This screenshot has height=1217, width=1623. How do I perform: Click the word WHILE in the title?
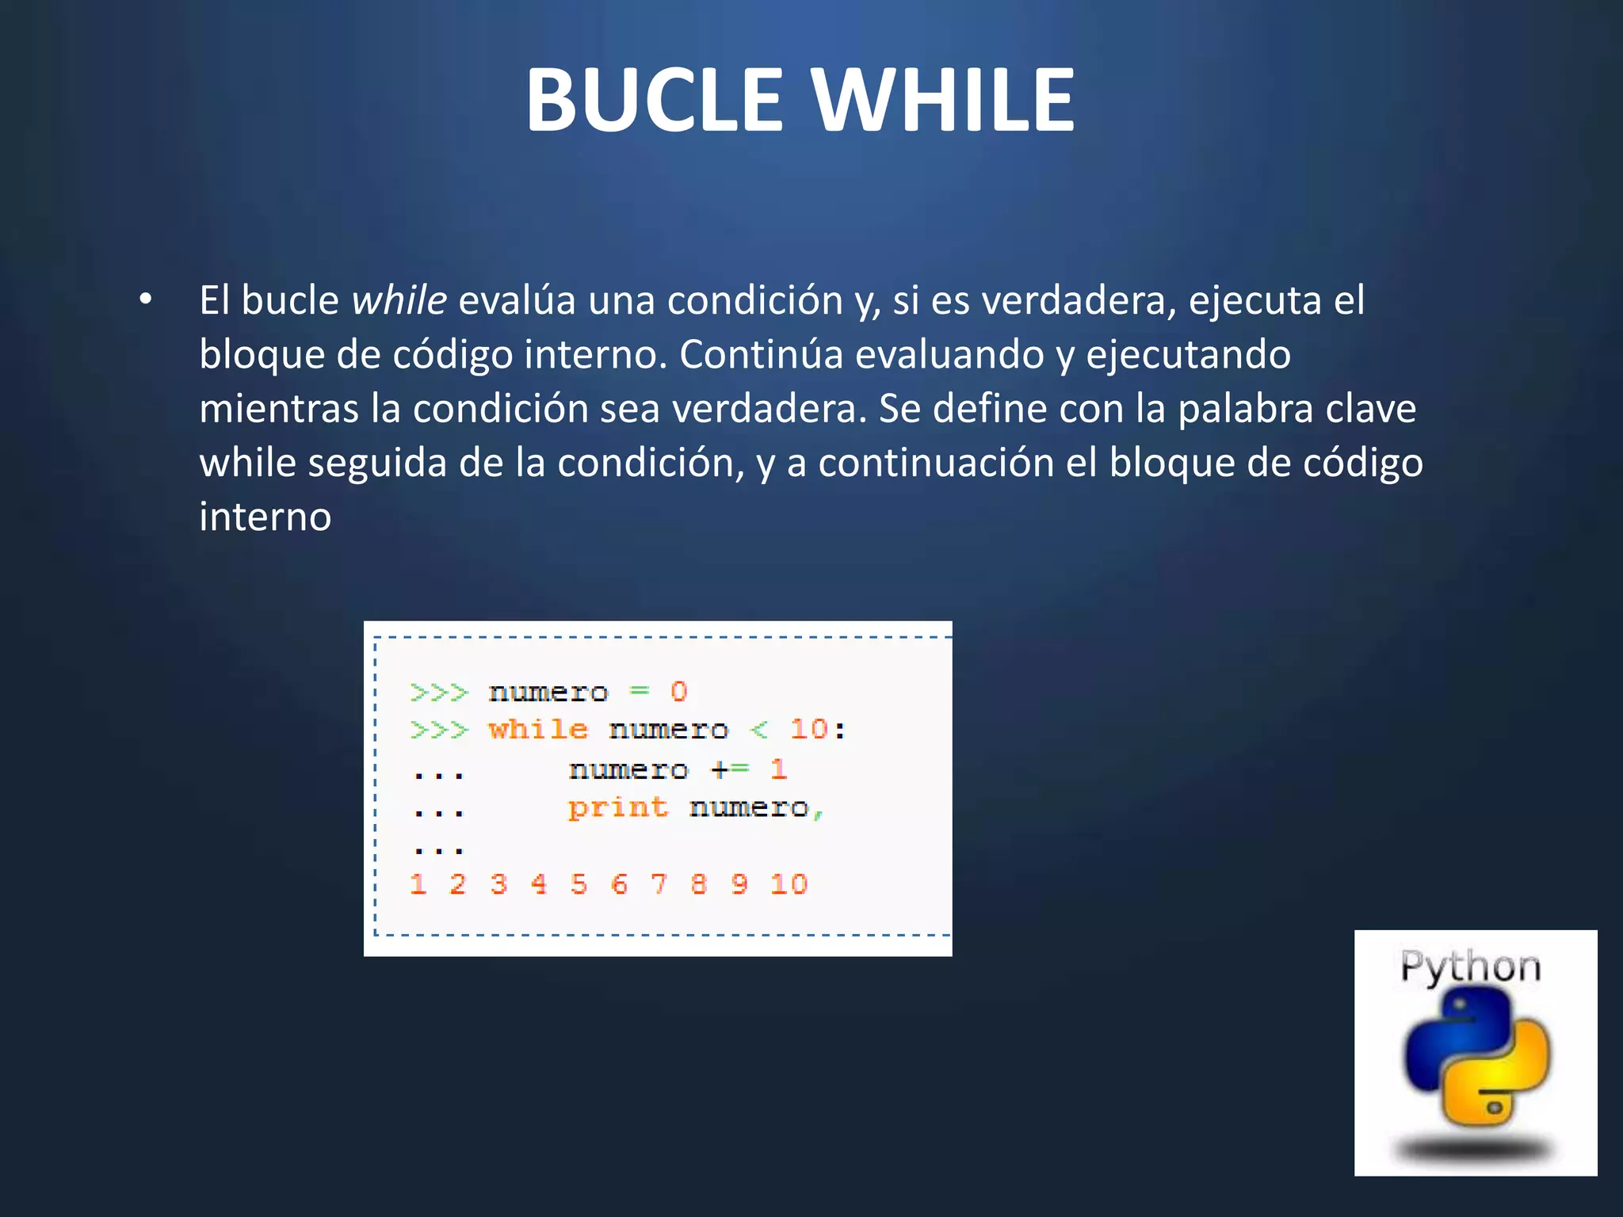tap(943, 100)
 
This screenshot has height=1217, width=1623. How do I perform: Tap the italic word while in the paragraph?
tap(399, 301)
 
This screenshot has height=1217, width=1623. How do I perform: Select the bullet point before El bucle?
tap(145, 299)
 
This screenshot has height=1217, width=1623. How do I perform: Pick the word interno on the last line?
tap(265, 517)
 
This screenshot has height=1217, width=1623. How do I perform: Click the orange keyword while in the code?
tap(538, 729)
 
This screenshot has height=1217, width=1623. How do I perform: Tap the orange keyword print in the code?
tap(618, 807)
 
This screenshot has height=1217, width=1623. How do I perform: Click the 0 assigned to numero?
tap(678, 692)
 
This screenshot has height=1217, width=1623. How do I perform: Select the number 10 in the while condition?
tap(808, 729)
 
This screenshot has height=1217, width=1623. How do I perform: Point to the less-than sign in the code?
tap(758, 729)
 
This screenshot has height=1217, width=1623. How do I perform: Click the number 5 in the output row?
tap(579, 884)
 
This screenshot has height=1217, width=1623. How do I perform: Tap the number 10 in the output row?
tap(789, 884)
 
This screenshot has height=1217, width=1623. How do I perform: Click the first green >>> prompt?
tap(439, 692)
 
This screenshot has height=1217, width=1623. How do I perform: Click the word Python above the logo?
tap(1470, 967)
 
